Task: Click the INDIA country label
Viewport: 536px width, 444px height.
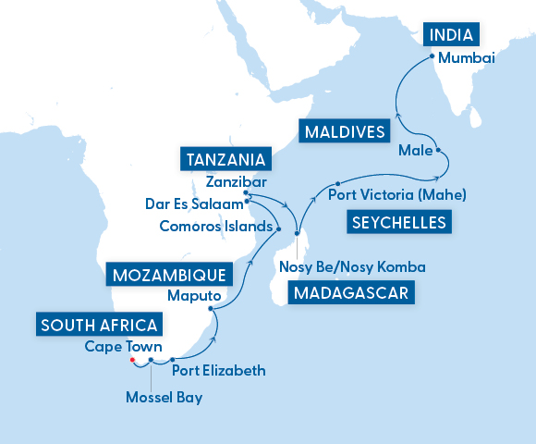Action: coord(453,36)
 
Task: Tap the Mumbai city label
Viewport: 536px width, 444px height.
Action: coord(467,58)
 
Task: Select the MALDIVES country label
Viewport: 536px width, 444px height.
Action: coord(343,132)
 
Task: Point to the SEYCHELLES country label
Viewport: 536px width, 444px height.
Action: coord(398,222)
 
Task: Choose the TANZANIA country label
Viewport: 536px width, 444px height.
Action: coord(226,159)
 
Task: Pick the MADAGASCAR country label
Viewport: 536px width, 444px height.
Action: coord(350,293)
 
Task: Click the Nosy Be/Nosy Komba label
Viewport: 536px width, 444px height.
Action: coord(351,267)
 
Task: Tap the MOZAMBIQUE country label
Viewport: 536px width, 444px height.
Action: coord(166,275)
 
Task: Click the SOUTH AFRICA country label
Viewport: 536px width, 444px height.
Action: coord(99,325)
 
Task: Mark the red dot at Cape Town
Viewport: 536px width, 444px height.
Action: coord(133,360)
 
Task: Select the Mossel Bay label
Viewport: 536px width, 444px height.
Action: coord(163,399)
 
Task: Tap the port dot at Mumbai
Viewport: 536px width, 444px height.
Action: coord(432,57)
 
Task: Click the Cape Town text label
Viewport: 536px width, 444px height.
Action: coord(124,347)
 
